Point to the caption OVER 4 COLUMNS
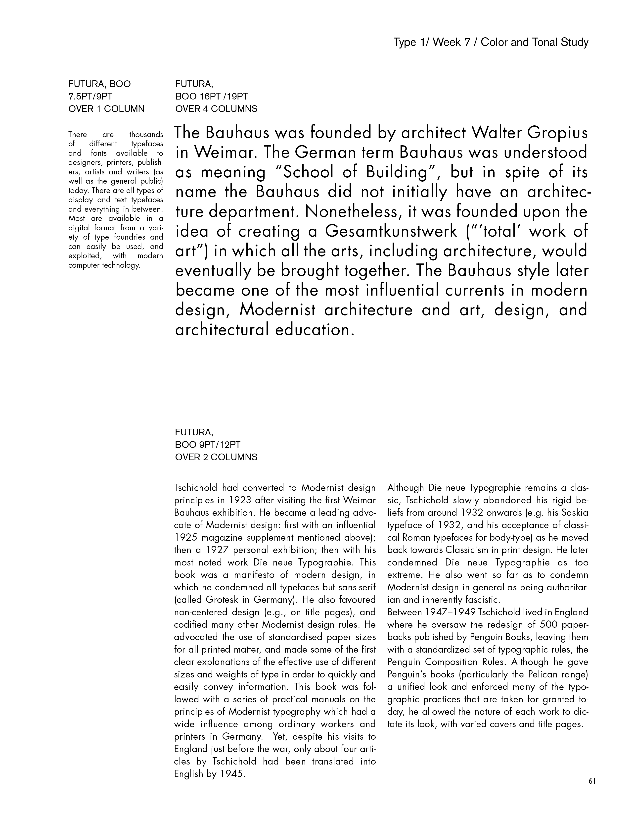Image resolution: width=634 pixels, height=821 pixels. point(216,109)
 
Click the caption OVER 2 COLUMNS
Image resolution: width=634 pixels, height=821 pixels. point(216,457)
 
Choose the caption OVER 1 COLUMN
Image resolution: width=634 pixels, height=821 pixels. point(106,109)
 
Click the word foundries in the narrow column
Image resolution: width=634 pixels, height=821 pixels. point(128,237)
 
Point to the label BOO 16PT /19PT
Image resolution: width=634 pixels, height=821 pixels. point(211,97)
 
